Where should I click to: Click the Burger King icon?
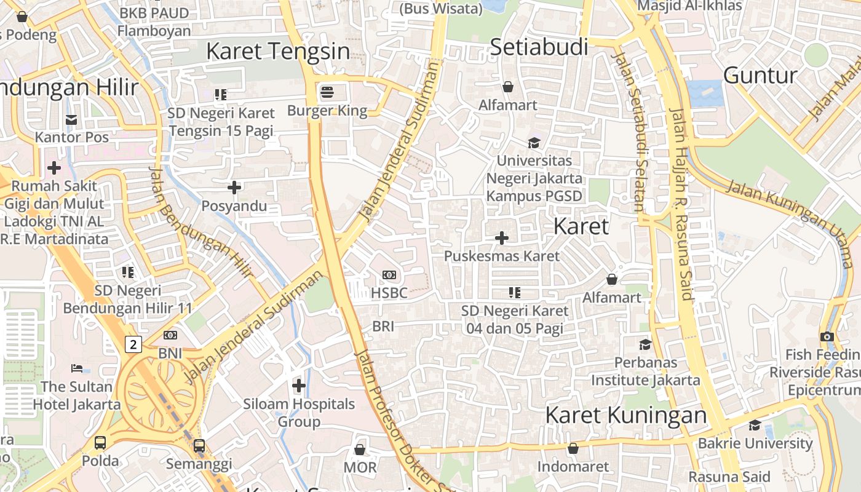pyautogui.click(x=327, y=93)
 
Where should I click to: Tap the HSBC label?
pyautogui.click(x=389, y=293)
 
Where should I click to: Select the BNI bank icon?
pyautogui.click(x=170, y=335)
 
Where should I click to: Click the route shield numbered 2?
pyautogui.click(x=133, y=344)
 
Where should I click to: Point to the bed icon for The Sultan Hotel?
pyautogui.click(x=77, y=368)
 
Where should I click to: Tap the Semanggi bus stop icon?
pyautogui.click(x=199, y=446)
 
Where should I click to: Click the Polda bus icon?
pyautogui.click(x=100, y=442)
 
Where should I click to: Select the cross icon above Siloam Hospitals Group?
pyautogui.click(x=299, y=386)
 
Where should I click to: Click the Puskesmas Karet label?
pyautogui.click(x=502, y=256)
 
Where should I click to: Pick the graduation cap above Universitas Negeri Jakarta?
pyautogui.click(x=534, y=143)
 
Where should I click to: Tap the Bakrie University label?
pyautogui.click(x=755, y=443)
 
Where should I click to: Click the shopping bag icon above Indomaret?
pyautogui.click(x=573, y=448)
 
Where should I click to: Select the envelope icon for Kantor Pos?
pyautogui.click(x=72, y=119)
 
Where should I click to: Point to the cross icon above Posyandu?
pyautogui.click(x=234, y=187)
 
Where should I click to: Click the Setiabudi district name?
pyautogui.click(x=539, y=47)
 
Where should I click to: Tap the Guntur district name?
pyautogui.click(x=760, y=75)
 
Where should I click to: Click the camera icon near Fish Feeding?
pyautogui.click(x=827, y=336)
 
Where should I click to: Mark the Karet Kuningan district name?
pyautogui.click(x=626, y=415)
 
